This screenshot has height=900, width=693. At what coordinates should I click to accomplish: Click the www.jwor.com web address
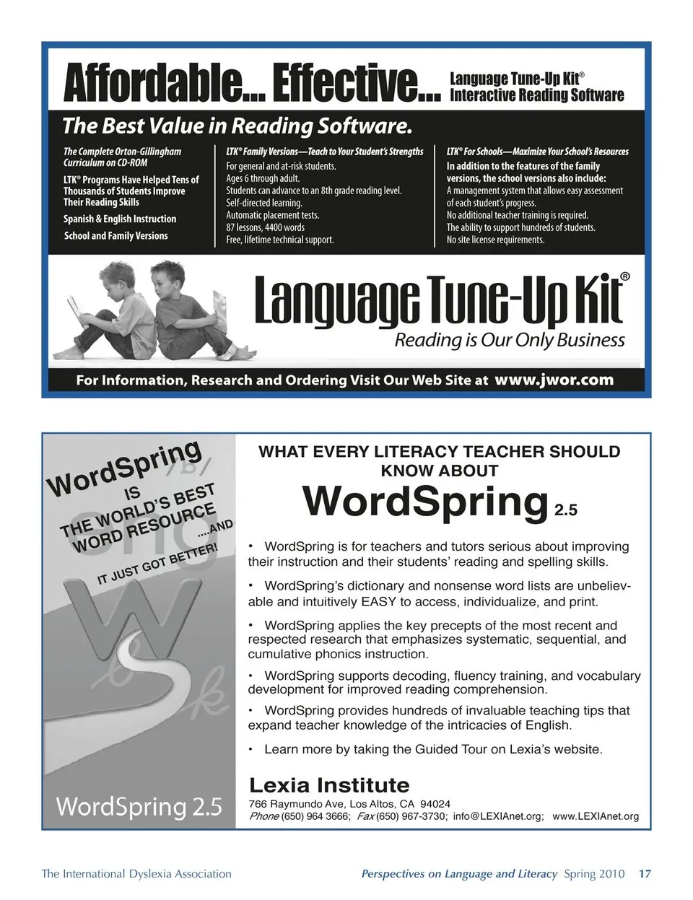(554, 380)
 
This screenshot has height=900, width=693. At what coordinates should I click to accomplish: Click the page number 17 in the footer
(645, 874)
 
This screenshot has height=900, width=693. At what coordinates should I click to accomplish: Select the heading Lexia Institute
(328, 785)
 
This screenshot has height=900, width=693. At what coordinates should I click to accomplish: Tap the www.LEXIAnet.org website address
(596, 816)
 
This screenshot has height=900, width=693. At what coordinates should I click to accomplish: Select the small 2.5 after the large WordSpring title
(565, 511)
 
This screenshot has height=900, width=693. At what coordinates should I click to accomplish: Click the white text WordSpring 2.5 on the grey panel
(139, 805)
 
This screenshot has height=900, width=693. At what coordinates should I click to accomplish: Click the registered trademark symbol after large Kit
(624, 276)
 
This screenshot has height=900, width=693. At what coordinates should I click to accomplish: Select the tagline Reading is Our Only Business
(509, 340)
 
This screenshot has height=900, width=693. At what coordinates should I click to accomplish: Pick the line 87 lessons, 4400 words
(265, 227)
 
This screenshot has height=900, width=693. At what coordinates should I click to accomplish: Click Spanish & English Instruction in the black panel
(120, 219)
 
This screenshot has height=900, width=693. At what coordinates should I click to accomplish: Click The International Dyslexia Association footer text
(136, 874)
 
